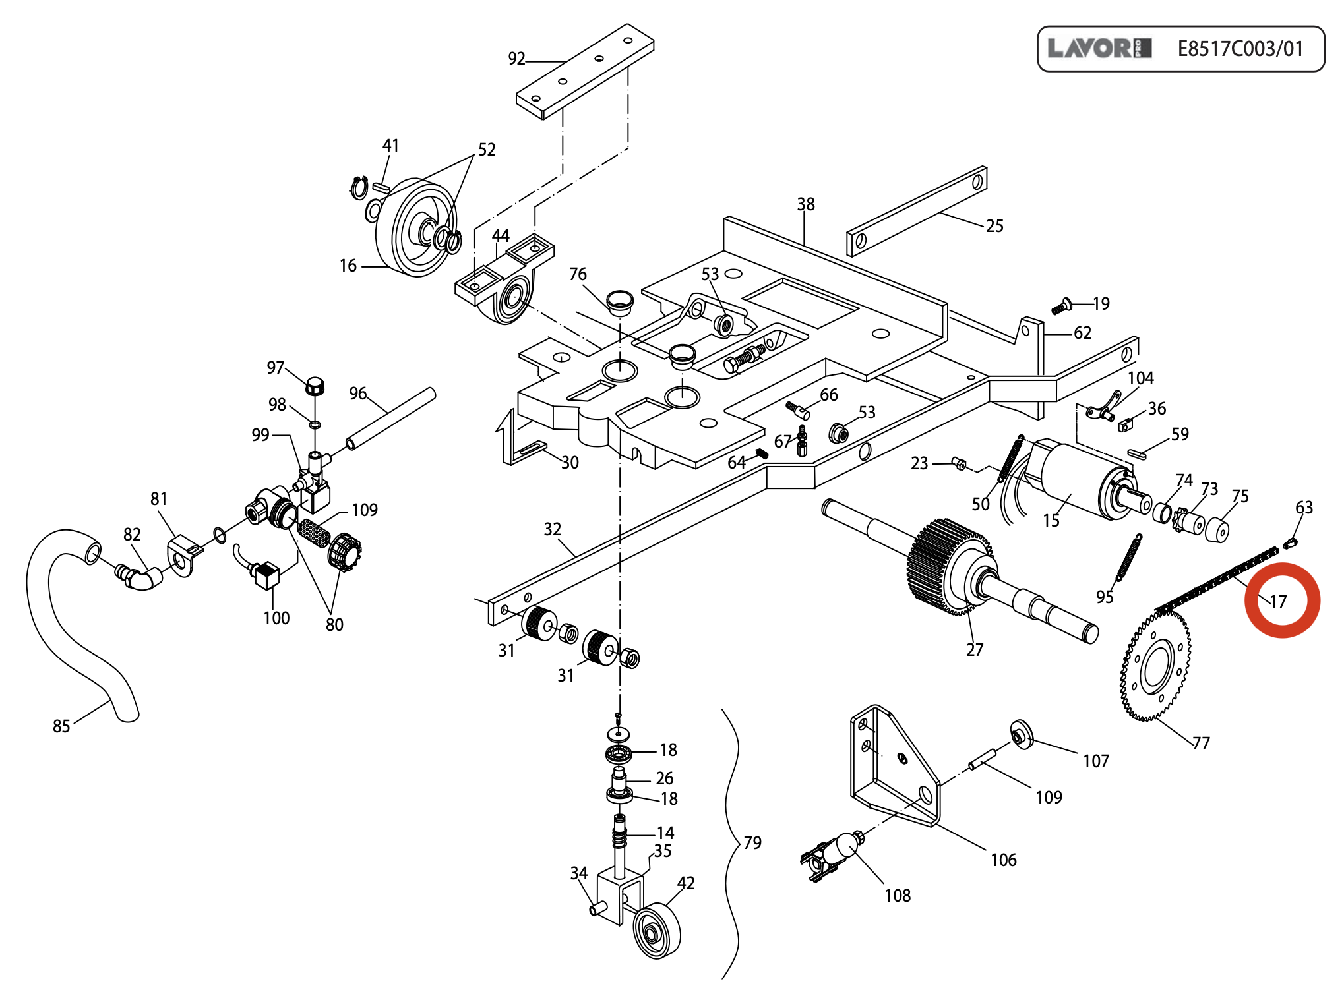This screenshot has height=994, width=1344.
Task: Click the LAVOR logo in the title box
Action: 1099,48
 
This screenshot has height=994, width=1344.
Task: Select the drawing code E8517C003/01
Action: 1240,49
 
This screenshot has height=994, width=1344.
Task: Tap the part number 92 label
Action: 516,59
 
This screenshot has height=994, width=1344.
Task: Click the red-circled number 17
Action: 1278,601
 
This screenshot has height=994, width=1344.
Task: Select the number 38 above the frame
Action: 806,204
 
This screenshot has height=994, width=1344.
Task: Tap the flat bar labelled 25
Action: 917,211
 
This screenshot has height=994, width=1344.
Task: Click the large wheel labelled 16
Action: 415,227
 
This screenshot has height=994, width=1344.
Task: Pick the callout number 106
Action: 1004,860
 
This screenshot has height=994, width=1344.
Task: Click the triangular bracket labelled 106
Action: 895,765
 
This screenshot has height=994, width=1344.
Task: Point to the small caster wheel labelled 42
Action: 657,931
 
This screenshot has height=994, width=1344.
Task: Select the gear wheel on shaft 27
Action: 950,567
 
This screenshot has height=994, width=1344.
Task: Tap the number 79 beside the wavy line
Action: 752,843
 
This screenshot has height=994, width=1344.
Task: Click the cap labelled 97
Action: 315,386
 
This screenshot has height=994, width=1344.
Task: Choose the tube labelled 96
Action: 391,419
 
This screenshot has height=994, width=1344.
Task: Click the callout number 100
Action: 276,618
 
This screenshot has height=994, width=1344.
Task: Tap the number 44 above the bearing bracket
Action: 501,235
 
